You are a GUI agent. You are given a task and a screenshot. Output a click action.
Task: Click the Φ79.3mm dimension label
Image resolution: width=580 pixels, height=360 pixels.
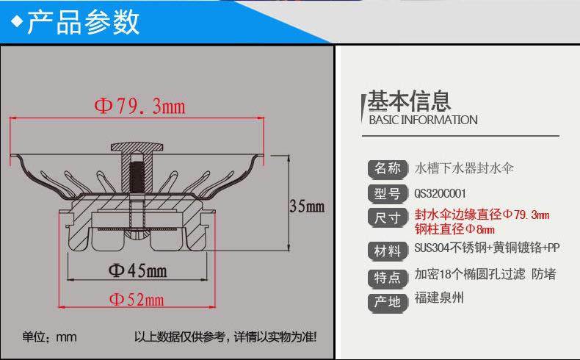(139, 107)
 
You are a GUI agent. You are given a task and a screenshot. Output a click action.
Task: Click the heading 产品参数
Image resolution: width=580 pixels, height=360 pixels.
(83, 22)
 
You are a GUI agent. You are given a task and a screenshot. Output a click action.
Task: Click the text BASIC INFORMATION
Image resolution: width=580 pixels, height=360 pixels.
(422, 120)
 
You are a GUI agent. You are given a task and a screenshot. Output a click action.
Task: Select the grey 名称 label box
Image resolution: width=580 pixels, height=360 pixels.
(387, 168)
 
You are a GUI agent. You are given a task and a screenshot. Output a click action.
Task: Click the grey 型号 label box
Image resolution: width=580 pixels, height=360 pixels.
(387, 194)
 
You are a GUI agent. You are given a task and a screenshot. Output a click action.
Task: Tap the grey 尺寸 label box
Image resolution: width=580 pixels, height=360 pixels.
(387, 218)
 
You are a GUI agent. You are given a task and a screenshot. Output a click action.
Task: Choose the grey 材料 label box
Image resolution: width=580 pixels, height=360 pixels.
(387, 251)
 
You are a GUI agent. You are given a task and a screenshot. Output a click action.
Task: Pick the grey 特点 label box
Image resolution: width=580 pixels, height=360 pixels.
(387, 277)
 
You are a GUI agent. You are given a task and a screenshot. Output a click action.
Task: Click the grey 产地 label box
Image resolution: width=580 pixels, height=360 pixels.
(387, 301)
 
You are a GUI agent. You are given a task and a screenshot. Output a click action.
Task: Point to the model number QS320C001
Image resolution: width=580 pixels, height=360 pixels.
(441, 194)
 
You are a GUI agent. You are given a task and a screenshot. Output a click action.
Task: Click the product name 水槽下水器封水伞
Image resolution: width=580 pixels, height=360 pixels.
(465, 168)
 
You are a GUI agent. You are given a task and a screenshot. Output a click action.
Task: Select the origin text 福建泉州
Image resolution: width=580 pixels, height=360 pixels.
(439, 298)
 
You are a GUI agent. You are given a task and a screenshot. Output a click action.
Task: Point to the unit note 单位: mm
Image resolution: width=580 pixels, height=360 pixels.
(49, 337)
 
